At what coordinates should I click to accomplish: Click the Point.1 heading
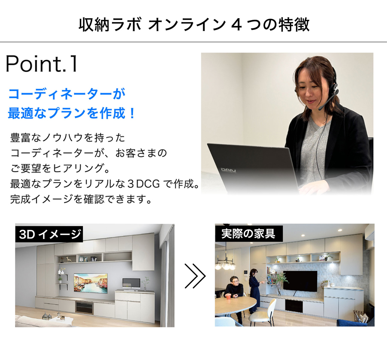(x=41, y=64)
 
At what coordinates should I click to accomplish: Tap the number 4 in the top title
(x=236, y=25)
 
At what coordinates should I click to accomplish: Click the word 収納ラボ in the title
(x=110, y=25)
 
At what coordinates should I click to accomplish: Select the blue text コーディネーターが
(x=67, y=94)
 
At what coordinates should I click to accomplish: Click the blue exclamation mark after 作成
(x=132, y=113)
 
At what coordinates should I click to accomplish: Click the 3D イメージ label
(x=50, y=234)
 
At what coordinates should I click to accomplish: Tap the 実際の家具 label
(x=248, y=234)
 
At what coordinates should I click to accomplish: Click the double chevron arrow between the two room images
(x=195, y=276)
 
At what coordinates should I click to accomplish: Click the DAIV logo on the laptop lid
(x=228, y=170)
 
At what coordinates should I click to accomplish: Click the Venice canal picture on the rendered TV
(x=91, y=283)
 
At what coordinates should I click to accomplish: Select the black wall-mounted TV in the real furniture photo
(x=300, y=281)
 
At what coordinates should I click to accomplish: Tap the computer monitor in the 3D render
(x=131, y=283)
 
